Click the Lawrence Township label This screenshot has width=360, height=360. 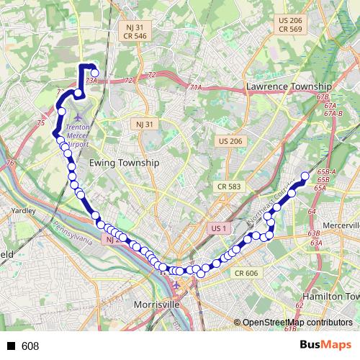(289, 86)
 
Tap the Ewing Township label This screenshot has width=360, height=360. (123, 163)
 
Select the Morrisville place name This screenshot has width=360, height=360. (157, 305)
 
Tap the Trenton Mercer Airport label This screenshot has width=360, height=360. (77, 134)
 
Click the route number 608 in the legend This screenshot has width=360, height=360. (30, 346)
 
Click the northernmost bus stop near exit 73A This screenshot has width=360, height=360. (94, 72)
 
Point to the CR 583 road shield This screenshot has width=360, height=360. (228, 186)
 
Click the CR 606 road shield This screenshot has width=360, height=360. (246, 273)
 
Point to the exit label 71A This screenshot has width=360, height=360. (195, 87)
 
